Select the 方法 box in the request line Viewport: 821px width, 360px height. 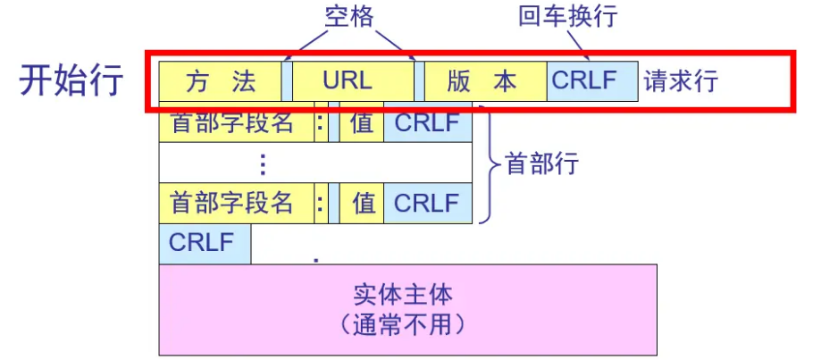point(220,81)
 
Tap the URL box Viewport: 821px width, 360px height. point(348,81)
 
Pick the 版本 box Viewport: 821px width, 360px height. point(482,81)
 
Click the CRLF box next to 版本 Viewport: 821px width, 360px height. point(584,80)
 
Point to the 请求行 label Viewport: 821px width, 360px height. point(681,81)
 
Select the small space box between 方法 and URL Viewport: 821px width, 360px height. point(287,81)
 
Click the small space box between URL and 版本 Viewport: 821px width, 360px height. point(418,81)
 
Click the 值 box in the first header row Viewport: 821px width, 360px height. point(363,123)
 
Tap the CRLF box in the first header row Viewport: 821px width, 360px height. point(426,123)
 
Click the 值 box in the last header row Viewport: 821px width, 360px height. point(363,203)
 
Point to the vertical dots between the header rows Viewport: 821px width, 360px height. point(262,163)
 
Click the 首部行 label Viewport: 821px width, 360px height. point(542,163)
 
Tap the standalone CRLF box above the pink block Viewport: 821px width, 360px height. point(202,242)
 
